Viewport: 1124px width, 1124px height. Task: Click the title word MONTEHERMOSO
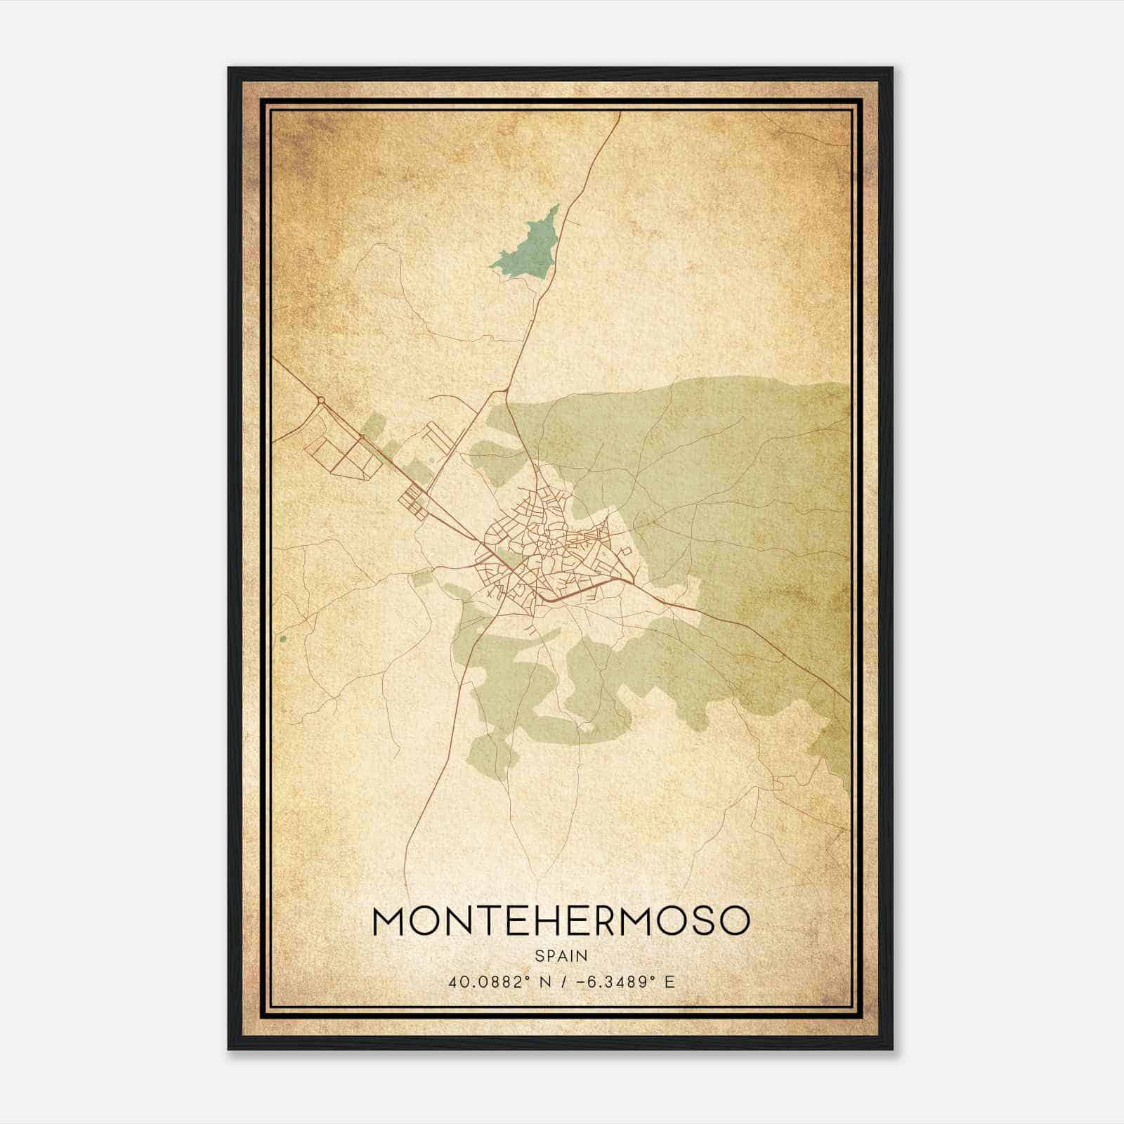tap(561, 921)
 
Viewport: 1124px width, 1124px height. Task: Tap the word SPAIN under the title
tap(561, 956)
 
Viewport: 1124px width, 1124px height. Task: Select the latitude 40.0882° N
tap(494, 982)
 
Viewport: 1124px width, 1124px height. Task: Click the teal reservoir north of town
tap(530, 249)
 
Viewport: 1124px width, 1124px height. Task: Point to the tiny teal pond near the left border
tap(282, 639)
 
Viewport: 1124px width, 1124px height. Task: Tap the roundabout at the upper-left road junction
tap(320, 400)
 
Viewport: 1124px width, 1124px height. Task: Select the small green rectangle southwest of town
tap(420, 579)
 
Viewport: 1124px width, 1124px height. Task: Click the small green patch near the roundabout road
tap(374, 426)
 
